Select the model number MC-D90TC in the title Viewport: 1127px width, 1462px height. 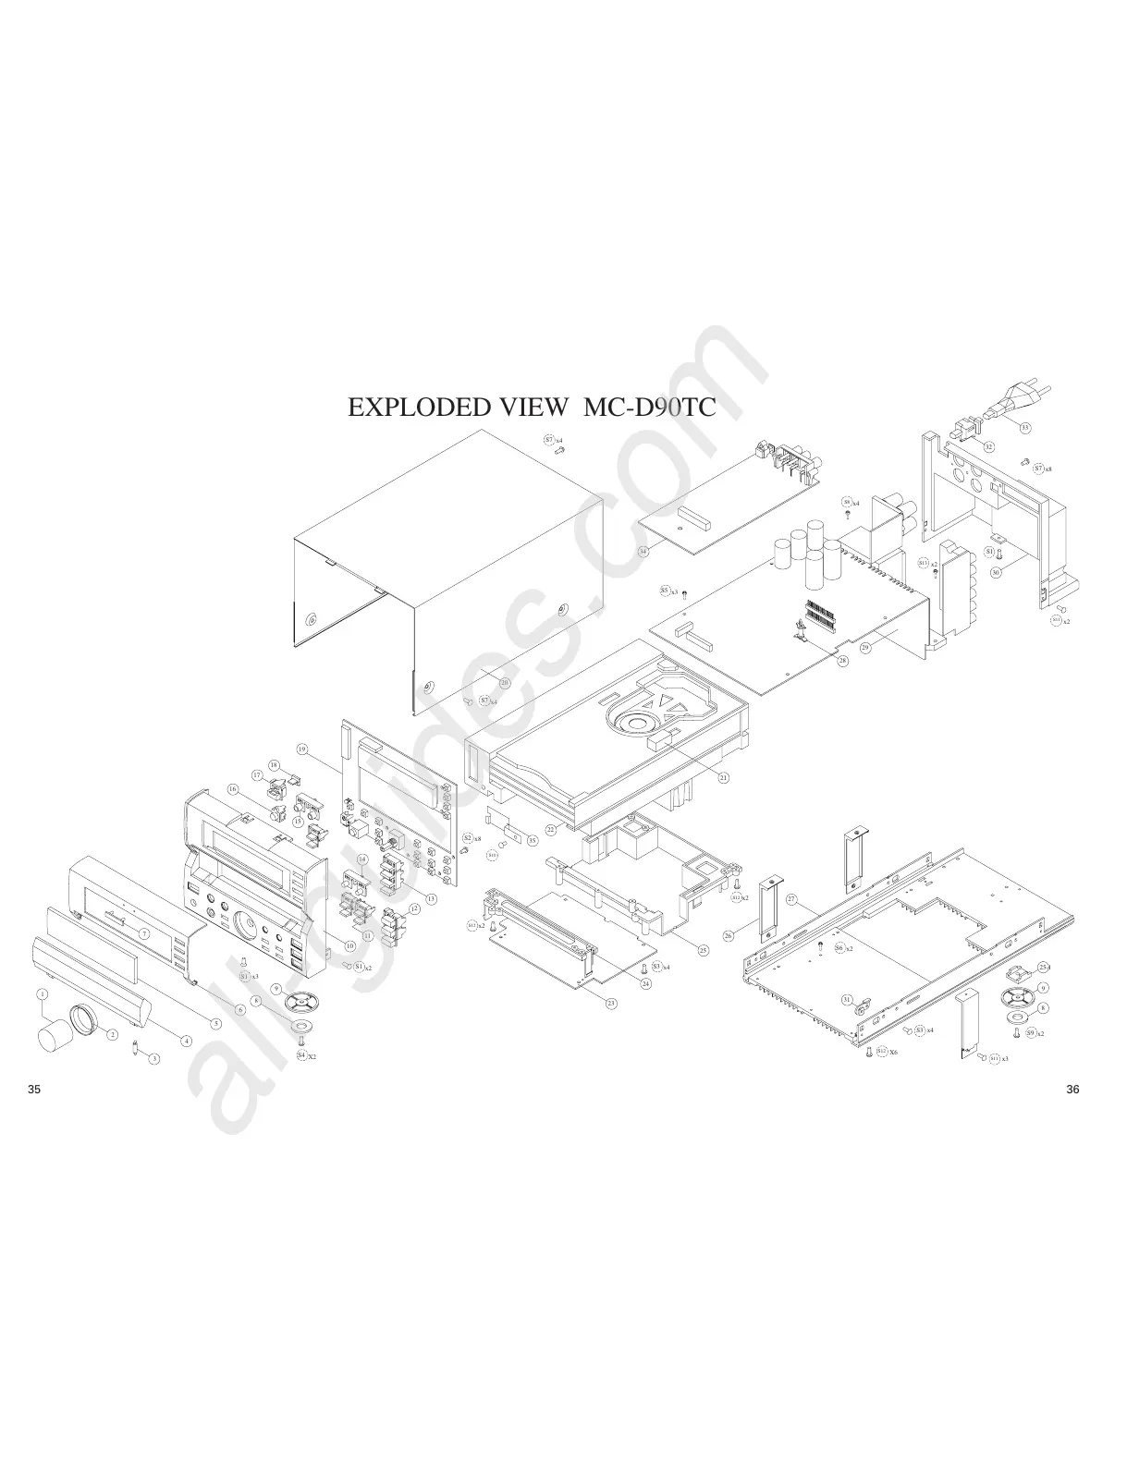click(x=649, y=408)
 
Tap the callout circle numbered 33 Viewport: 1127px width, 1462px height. click(x=1025, y=427)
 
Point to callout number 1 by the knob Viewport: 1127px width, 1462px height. click(x=42, y=993)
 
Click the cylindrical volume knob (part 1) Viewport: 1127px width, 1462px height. click(x=56, y=1035)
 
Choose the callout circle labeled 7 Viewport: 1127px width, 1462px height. click(x=144, y=933)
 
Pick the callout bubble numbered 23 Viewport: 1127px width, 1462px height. click(x=611, y=1003)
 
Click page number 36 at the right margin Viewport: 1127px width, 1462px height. click(x=1072, y=1089)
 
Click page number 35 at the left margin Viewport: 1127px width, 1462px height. click(x=34, y=1089)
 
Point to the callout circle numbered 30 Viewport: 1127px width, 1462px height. click(x=996, y=572)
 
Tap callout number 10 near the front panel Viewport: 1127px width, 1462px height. click(x=350, y=945)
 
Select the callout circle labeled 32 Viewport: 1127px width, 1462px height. click(x=988, y=446)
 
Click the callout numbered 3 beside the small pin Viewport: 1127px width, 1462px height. click(x=154, y=1058)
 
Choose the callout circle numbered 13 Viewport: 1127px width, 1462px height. click(x=431, y=898)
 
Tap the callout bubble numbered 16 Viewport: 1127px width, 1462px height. click(x=232, y=789)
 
